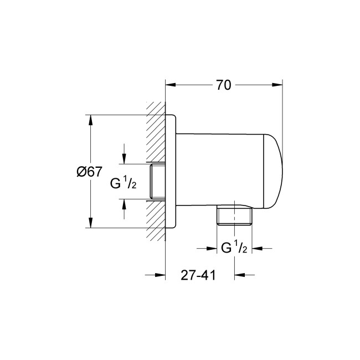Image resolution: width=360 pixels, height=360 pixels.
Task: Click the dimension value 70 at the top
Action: [x=223, y=85]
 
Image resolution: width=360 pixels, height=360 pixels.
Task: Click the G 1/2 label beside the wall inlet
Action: [x=123, y=183]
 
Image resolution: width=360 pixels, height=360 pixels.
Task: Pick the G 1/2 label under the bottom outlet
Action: [x=233, y=248]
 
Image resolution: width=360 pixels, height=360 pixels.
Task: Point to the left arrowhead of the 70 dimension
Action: [x=171, y=85]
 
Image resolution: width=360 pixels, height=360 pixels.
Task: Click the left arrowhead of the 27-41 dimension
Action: [x=161, y=274]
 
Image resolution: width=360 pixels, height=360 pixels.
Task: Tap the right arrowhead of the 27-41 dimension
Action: [x=239, y=274]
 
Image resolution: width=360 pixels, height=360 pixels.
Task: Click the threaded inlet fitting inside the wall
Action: [x=157, y=182]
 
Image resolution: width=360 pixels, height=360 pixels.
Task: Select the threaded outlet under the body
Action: [x=234, y=217]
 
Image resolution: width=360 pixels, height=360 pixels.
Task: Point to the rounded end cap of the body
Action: [x=274, y=172]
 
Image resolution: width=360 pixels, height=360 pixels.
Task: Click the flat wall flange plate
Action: [x=172, y=172]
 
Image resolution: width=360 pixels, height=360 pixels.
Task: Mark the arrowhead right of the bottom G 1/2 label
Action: [x=257, y=248]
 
